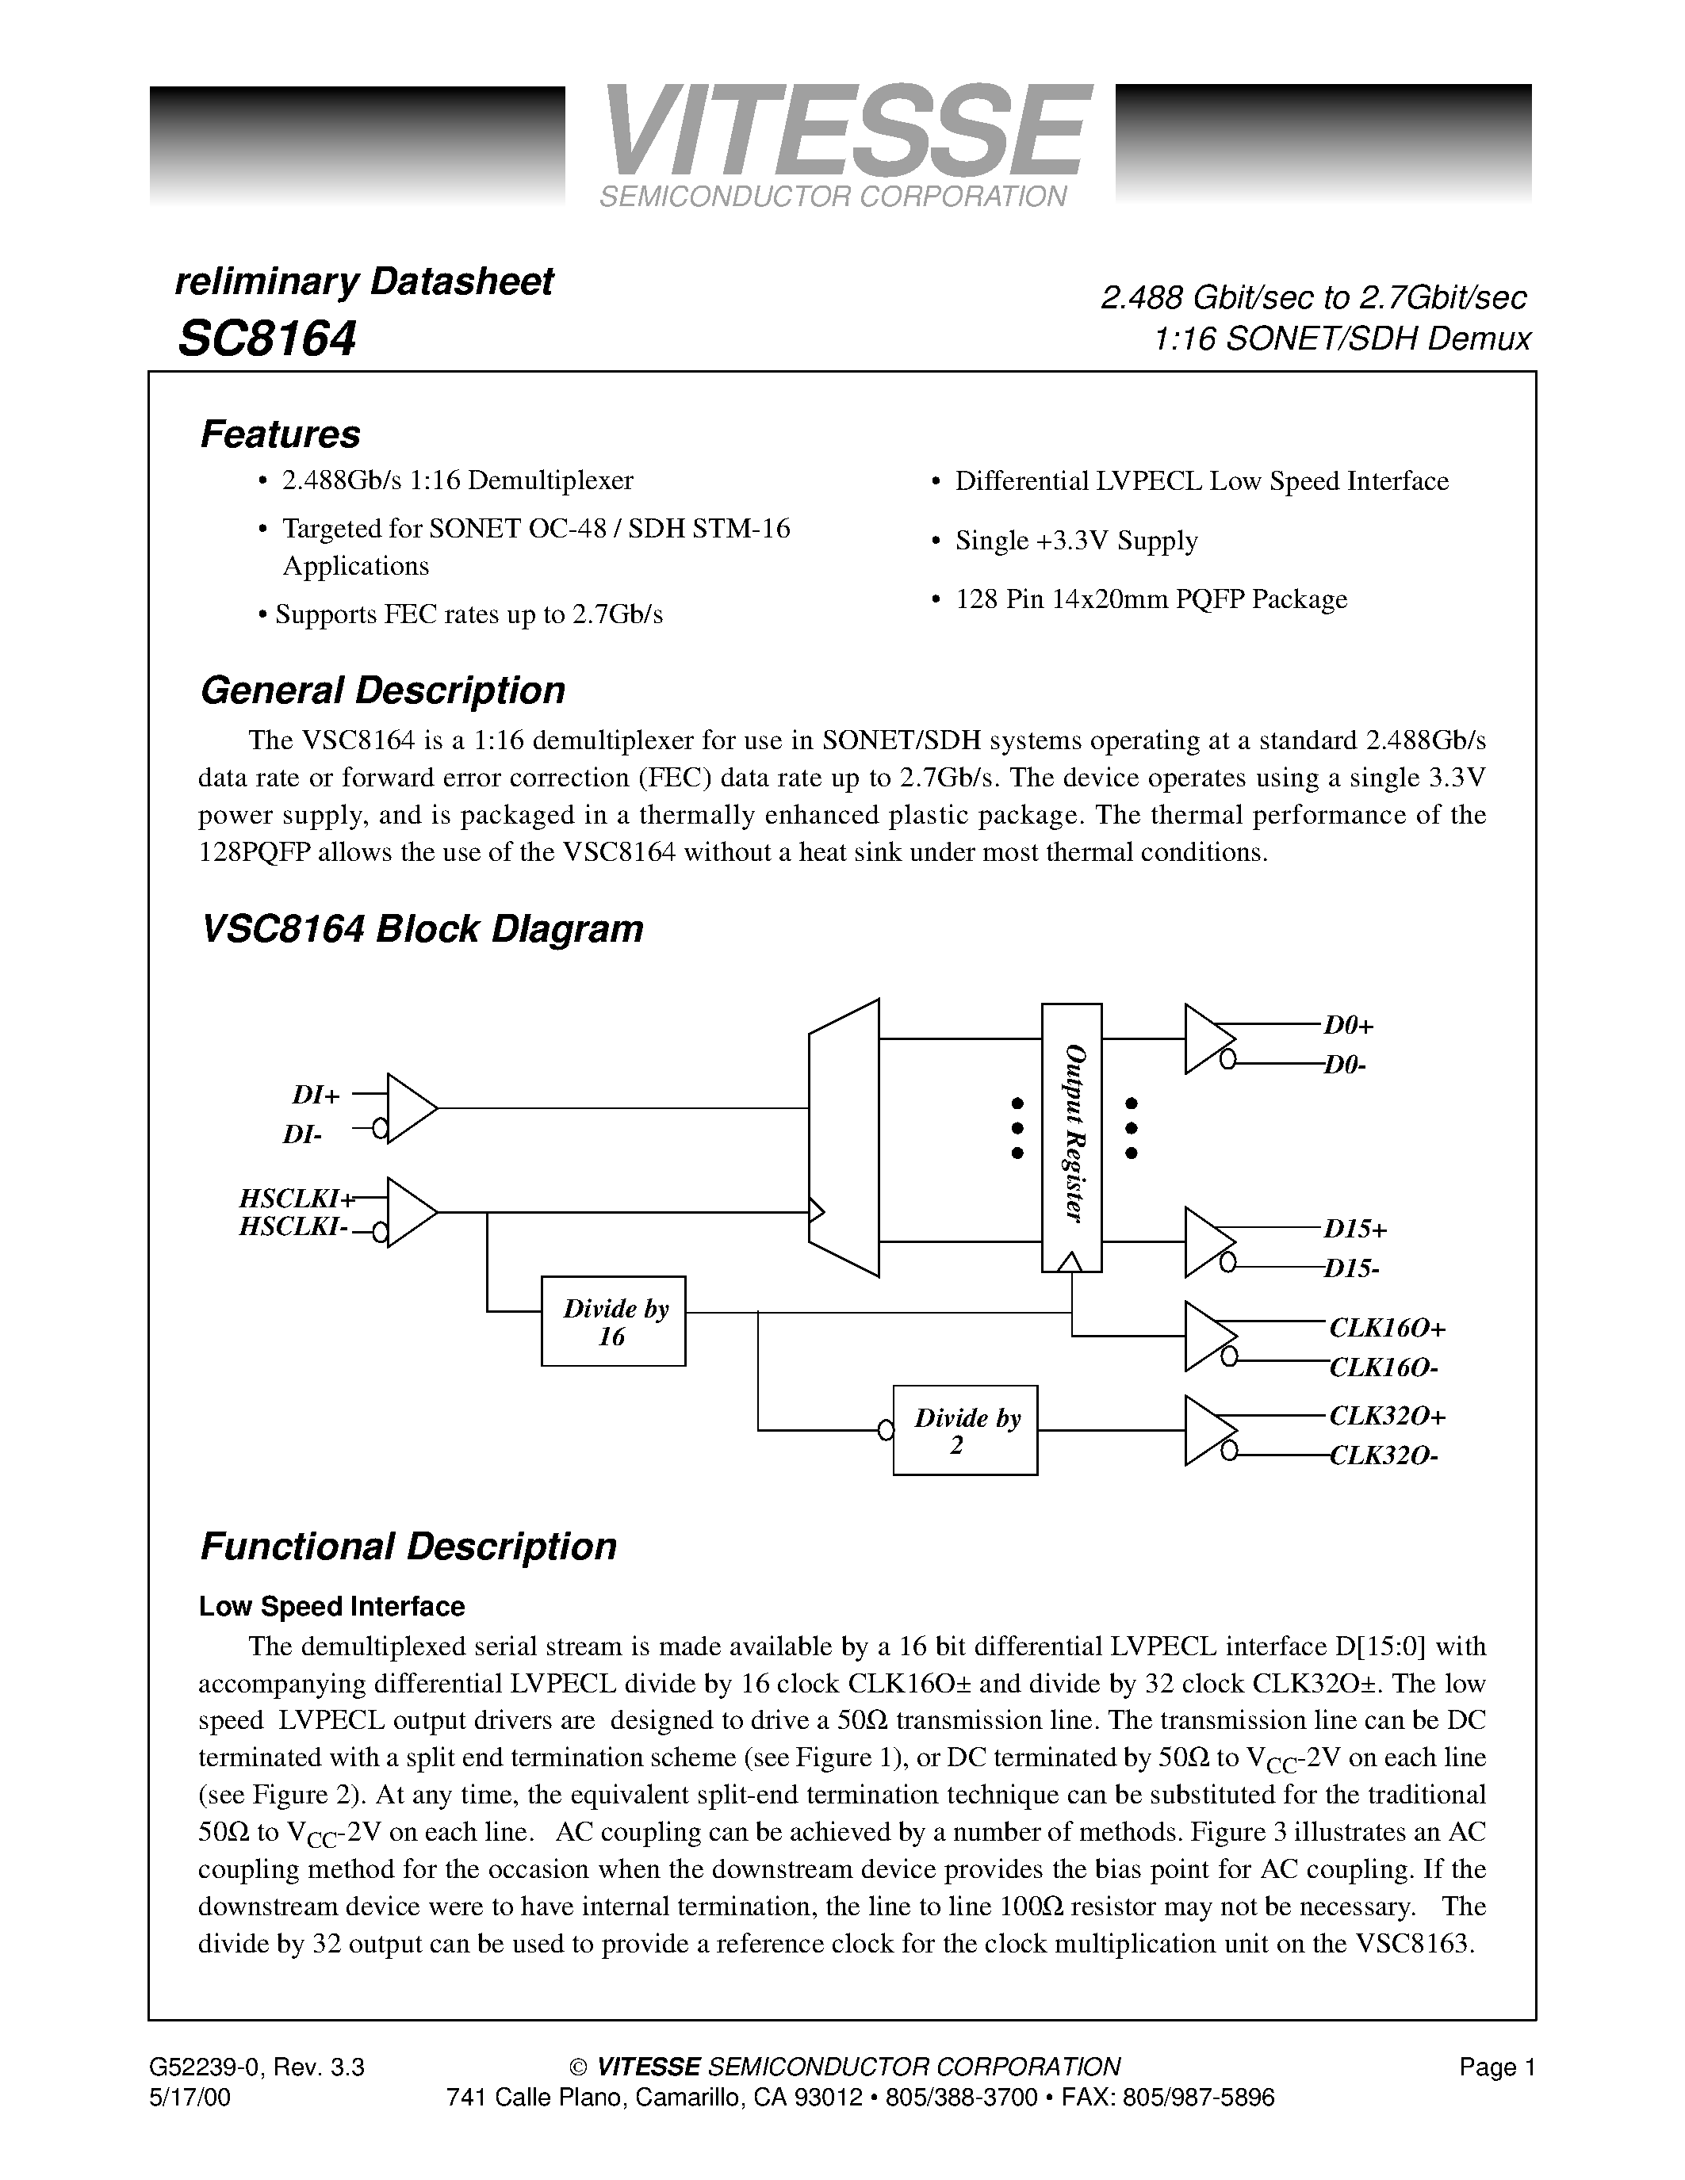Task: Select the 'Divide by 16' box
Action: pyautogui.click(x=613, y=1321)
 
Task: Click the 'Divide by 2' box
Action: pyautogui.click(x=964, y=1430)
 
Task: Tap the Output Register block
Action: pyautogui.click(x=1071, y=1136)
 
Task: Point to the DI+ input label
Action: pyautogui.click(x=316, y=1095)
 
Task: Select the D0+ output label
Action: pyautogui.click(x=1350, y=1025)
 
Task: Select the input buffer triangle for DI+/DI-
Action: pyautogui.click(x=408, y=1108)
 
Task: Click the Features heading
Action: pyautogui.click(x=281, y=434)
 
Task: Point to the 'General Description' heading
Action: pyautogui.click(x=382, y=690)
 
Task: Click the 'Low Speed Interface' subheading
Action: pyautogui.click(x=331, y=1606)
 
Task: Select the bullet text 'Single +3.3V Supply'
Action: pyautogui.click(x=1076, y=541)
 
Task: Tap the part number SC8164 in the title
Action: pyautogui.click(x=266, y=338)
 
